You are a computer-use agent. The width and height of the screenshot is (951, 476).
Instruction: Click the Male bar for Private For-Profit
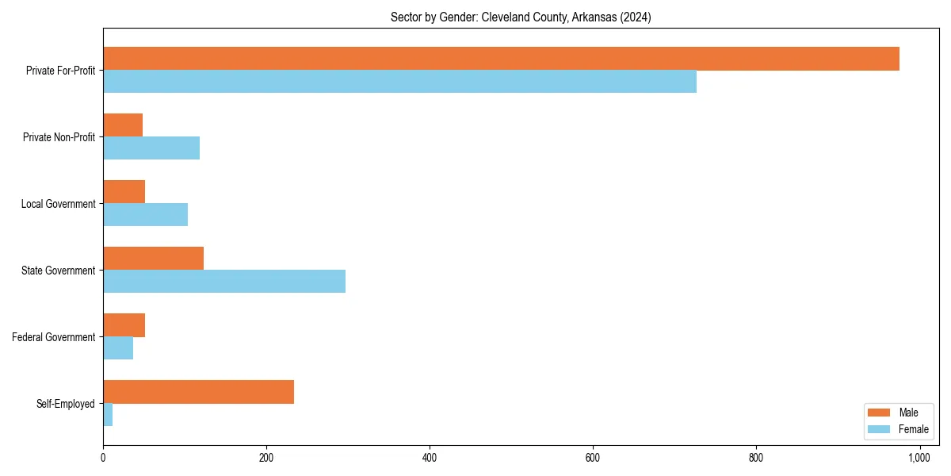501,59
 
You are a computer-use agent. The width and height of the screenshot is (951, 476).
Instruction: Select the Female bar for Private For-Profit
399,82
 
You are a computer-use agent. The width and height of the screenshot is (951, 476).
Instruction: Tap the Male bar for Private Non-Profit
123,125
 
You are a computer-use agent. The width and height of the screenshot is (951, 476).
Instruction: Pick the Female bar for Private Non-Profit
151,148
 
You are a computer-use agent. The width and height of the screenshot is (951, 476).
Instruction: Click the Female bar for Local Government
145,215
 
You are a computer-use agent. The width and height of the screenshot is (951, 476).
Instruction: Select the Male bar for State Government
153,259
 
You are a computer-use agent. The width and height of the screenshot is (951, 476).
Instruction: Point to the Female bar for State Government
224,282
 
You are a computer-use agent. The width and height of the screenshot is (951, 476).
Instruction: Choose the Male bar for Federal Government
124,325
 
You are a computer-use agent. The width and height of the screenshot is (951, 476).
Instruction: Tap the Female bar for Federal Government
118,348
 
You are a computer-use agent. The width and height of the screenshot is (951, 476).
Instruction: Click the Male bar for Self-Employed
198,392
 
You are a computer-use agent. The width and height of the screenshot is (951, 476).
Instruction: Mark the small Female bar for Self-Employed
108,415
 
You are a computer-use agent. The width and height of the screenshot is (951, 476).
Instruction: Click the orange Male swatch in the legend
880,413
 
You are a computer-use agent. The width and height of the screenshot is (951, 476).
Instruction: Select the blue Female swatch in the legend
880,429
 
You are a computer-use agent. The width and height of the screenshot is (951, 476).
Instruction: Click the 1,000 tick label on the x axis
919,458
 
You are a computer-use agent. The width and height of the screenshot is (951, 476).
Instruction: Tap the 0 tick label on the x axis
103,458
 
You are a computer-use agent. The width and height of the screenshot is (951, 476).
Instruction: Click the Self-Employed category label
66,404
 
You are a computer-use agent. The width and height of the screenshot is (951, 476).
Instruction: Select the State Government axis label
58,271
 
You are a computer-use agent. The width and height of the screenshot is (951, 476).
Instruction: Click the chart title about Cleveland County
521,17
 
